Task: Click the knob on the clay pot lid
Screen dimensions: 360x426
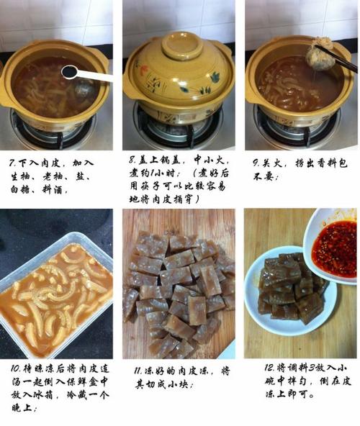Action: pyautogui.click(x=182, y=45)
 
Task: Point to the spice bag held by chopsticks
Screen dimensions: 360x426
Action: pyautogui.click(x=321, y=55)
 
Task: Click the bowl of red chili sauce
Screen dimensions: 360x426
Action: pyautogui.click(x=332, y=246)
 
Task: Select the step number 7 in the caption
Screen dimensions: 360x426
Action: pyautogui.click(x=12, y=163)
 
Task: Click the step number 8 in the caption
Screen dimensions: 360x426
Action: pyautogui.click(x=132, y=160)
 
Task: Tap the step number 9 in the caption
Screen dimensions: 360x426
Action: pyautogui.click(x=256, y=163)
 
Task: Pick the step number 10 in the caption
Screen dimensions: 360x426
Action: pyautogui.click(x=15, y=368)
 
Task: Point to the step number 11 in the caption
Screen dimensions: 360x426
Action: pyautogui.click(x=138, y=371)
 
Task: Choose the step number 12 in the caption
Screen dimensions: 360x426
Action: pyautogui.click(x=270, y=368)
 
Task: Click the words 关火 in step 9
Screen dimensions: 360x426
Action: pyautogui.click(x=272, y=163)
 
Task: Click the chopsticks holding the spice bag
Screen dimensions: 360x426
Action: pyautogui.click(x=337, y=59)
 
